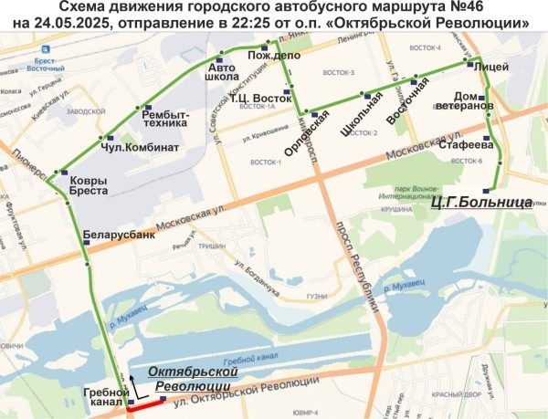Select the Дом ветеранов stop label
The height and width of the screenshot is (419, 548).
474,100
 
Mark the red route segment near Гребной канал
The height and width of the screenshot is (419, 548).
145,409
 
